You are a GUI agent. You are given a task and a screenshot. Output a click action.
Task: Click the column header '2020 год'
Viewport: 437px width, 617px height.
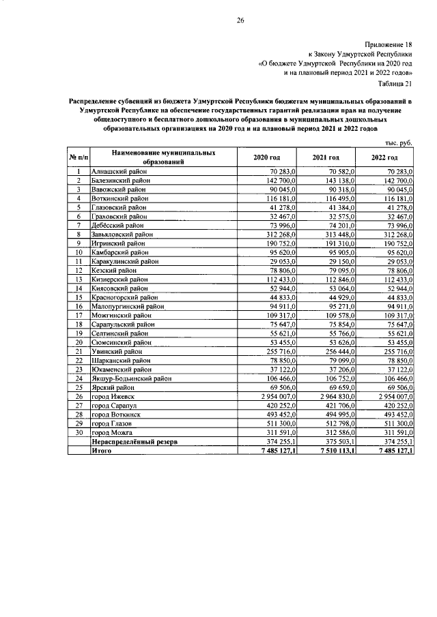(267, 157)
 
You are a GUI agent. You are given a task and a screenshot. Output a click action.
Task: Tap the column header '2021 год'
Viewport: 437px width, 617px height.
(326, 157)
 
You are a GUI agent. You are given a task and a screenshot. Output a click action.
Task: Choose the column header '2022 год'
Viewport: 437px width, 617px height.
(385, 157)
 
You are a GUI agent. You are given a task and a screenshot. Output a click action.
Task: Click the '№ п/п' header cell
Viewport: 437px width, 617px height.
(78, 157)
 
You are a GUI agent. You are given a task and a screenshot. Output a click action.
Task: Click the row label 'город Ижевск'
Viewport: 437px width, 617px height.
(115, 396)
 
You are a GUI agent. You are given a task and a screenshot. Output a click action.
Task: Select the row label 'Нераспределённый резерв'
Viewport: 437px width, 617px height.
(135, 441)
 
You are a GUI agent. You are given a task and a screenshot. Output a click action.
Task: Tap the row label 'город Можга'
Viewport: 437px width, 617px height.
(113, 432)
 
